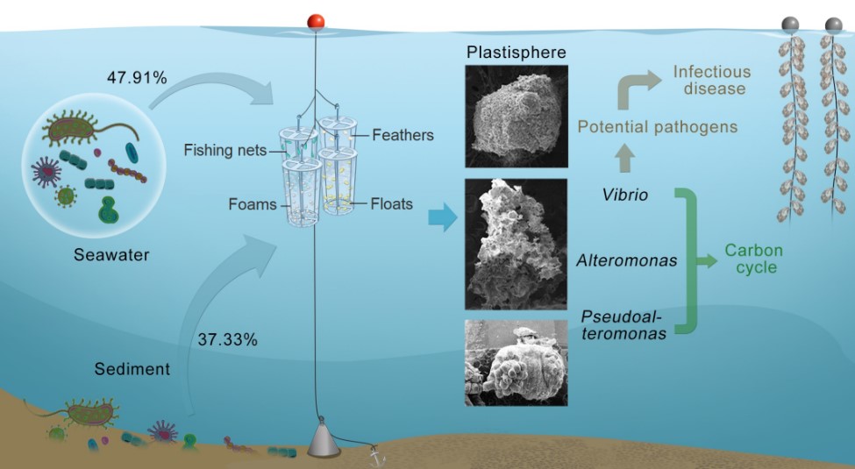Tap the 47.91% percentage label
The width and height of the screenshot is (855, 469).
[x=137, y=78]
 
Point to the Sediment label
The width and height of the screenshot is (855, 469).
[x=132, y=369]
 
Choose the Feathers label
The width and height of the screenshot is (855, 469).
[x=403, y=135]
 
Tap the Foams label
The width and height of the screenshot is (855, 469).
[x=253, y=204]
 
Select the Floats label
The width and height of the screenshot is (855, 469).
[x=391, y=204]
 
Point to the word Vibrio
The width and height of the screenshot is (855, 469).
[x=625, y=195]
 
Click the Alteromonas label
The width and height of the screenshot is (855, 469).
[x=626, y=260]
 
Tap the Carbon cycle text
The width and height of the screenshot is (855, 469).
[x=753, y=259]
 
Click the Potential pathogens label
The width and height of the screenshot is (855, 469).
[x=657, y=127]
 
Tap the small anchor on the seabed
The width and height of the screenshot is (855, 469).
[x=378, y=457]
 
